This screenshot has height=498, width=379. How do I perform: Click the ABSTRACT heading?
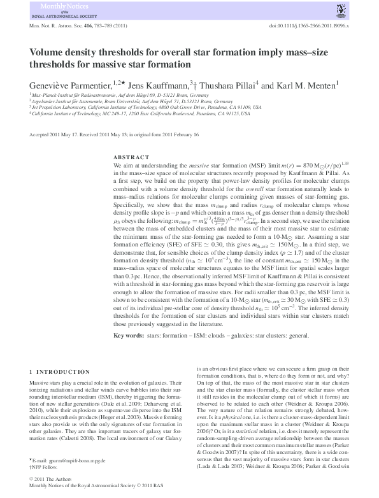pyautogui.click(x=132, y=157)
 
